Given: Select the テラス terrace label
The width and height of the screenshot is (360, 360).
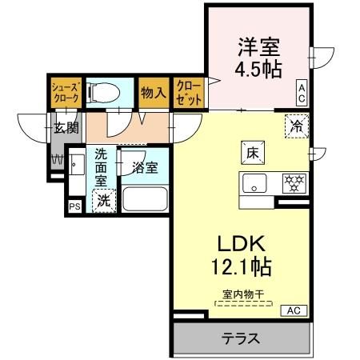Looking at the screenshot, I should pyautogui.click(x=240, y=338).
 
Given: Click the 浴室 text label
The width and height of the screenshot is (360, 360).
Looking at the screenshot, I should pyautogui.click(x=146, y=168).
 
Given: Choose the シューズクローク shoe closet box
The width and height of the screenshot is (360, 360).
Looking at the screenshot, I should pyautogui.click(x=63, y=92).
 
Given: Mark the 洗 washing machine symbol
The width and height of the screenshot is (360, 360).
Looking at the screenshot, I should pyautogui.click(x=103, y=202).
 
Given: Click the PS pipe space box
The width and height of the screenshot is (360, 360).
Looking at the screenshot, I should pyautogui.click(x=74, y=207).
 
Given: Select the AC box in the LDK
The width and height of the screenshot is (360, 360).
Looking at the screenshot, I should pyautogui.click(x=293, y=310).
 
